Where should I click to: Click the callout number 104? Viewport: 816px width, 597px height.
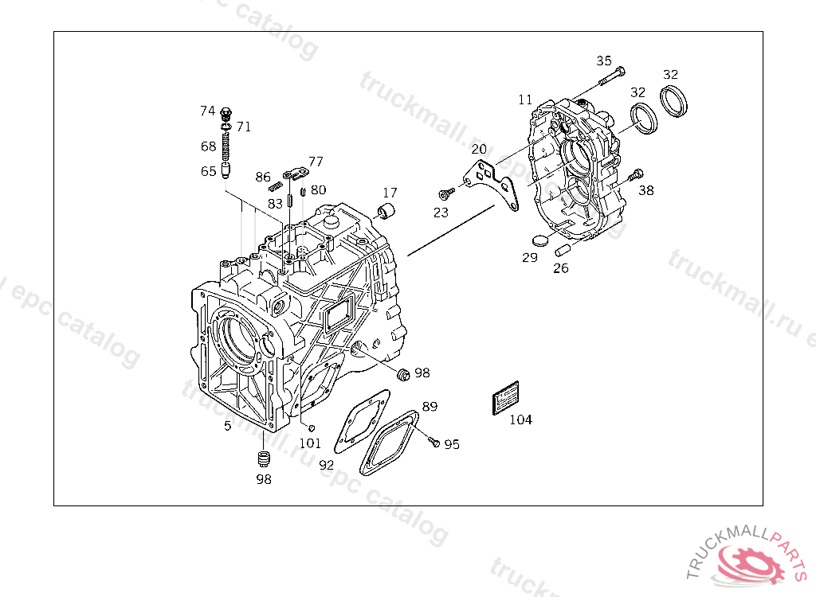[520, 419]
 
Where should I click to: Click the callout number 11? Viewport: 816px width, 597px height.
[524, 99]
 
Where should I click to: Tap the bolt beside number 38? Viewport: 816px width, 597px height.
[635, 176]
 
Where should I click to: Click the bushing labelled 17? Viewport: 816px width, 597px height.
[387, 211]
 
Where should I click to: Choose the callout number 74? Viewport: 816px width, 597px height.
[207, 111]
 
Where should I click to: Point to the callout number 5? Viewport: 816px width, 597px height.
[227, 426]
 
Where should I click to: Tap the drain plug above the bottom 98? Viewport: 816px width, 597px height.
[265, 458]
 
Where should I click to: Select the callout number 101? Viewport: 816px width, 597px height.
[310, 443]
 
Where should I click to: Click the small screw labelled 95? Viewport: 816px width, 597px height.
[433, 441]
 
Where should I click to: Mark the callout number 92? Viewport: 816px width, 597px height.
[326, 464]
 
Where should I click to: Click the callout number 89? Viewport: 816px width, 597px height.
[430, 406]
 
